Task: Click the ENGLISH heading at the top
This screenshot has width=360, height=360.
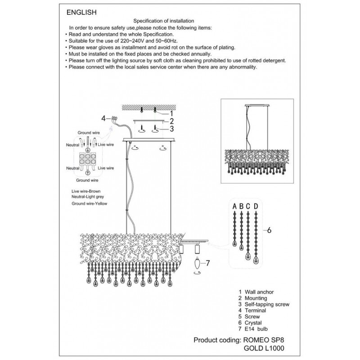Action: pyautogui.click(x=81, y=13)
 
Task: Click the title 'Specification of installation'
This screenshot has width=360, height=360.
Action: pyautogui.click(x=164, y=21)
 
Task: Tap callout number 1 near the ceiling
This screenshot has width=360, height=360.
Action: pyautogui.click(x=171, y=113)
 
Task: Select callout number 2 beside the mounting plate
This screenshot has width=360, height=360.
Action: pyautogui.click(x=171, y=121)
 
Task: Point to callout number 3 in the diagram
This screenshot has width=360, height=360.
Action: pyautogui.click(x=171, y=129)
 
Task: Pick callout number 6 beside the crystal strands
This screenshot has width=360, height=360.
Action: pyautogui.click(x=269, y=230)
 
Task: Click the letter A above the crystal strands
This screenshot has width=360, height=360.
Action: pyautogui.click(x=235, y=207)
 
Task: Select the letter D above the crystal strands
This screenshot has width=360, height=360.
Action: pyautogui.click(x=256, y=207)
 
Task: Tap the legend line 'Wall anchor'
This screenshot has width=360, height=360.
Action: pyautogui.click(x=257, y=292)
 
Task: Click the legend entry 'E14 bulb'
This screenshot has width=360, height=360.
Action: pyautogui.click(x=256, y=329)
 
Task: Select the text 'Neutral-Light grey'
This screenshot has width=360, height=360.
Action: pyautogui.click(x=91, y=197)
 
